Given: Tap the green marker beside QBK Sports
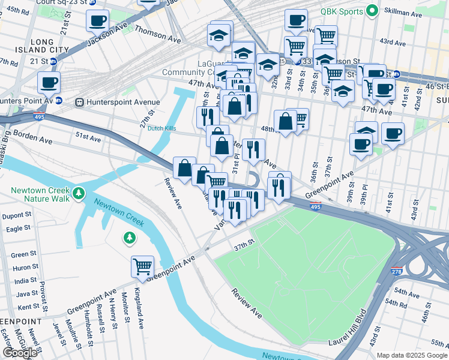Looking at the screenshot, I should coord(372,10).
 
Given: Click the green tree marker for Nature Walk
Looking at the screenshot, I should coord(78,194).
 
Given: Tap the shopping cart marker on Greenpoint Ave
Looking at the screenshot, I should coord(142,266).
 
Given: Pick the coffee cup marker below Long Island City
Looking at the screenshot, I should coord(49,82).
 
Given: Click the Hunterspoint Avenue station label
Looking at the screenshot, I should coord(122,102).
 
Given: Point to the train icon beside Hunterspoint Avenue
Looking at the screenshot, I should coord(78,102).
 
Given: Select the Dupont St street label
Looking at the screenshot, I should coord(16,215).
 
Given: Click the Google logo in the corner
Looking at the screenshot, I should coord(20,353).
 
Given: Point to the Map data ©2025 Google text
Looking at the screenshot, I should coord(412,355).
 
